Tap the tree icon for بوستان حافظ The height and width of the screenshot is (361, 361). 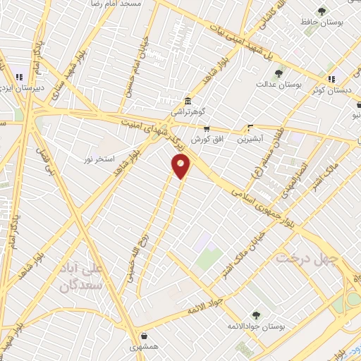pos(322,11)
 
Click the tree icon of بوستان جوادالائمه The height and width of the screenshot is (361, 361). pos(256,315)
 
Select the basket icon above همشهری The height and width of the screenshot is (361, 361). pos(145,337)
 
